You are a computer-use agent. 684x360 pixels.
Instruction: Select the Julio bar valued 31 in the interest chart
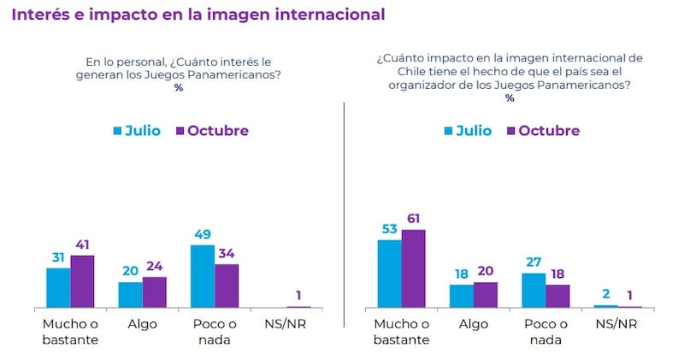coord(58,287)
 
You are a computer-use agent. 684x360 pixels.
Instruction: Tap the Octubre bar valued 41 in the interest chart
coord(82,281)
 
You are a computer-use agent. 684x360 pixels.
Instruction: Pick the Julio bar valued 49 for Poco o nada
coord(202,275)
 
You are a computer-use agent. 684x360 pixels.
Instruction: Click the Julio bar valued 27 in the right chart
coord(533,290)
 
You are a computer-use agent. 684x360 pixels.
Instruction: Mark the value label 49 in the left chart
coord(202,234)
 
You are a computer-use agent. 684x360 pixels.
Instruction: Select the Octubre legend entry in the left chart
coord(211,131)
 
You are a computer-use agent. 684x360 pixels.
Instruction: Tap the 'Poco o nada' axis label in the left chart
coord(214,331)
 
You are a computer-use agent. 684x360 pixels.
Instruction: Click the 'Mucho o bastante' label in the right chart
coord(401,331)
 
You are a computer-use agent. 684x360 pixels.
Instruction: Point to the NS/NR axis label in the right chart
coord(616,324)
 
